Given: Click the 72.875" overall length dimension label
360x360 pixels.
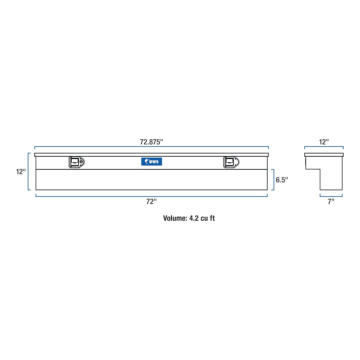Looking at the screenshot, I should point(151,142).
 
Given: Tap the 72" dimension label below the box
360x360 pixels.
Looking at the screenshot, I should point(151,202).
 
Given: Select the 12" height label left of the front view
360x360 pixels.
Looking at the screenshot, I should point(21,172).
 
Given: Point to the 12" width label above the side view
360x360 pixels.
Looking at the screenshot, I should point(324,142).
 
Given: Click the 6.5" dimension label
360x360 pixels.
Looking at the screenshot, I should point(282,180).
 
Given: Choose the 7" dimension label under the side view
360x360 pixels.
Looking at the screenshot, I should point(331,202).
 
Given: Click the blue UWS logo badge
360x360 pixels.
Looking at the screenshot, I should point(152,162).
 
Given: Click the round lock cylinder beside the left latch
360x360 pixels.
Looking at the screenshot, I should point(81,162).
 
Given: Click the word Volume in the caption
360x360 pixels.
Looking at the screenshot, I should point(175,218).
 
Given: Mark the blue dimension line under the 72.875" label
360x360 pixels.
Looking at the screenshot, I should point(151,147).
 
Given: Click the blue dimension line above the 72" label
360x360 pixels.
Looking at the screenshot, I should point(151,196).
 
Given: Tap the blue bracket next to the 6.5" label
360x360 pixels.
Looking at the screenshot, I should point(273,180).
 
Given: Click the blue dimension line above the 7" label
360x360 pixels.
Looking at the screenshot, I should point(331,196).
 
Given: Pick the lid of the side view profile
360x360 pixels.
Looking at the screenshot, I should point(324,155).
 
